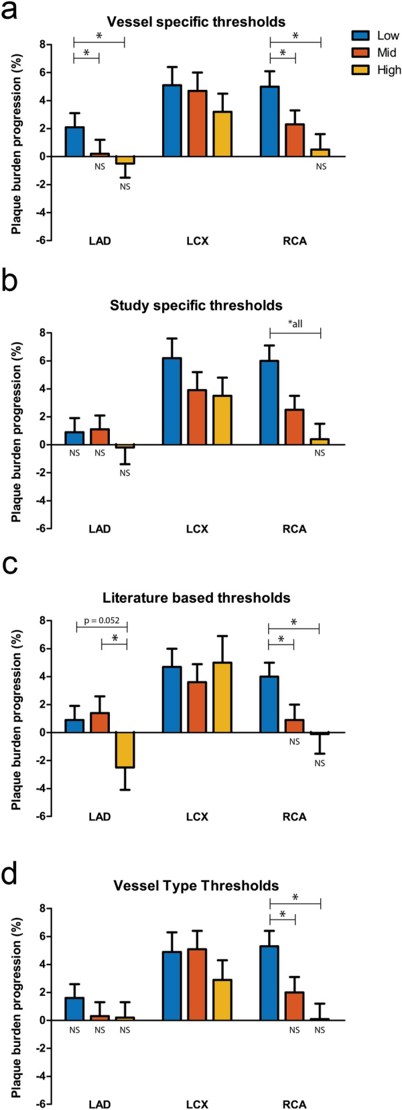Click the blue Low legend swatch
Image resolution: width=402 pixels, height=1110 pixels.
tap(362, 36)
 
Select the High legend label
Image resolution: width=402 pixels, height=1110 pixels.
tap(389, 70)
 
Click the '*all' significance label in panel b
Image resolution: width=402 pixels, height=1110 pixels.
tap(295, 324)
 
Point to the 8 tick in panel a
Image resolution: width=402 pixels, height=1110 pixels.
tap(40, 45)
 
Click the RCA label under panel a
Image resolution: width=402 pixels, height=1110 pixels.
tap(294, 241)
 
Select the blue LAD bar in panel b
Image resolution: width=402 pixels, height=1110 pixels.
tap(74, 438)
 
